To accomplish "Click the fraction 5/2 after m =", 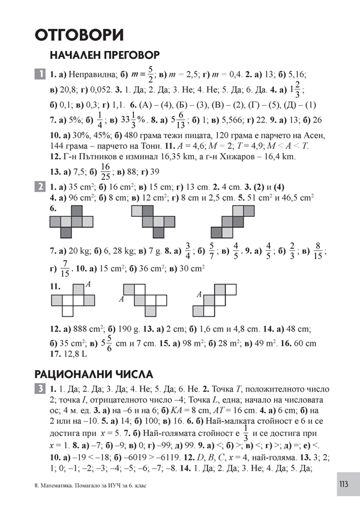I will (151, 74).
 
